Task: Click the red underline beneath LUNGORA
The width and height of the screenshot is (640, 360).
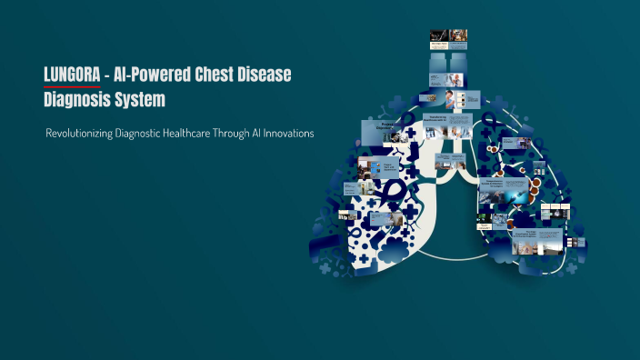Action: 73,86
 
